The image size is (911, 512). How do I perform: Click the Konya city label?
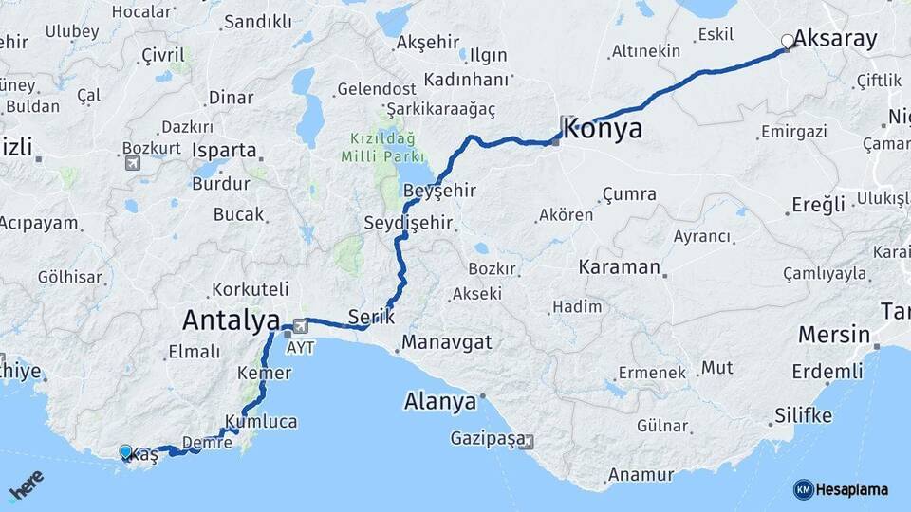tap(603, 129)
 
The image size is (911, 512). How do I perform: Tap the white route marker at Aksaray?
tap(787, 41)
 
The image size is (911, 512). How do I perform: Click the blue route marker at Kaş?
tap(126, 452)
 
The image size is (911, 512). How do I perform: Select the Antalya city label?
tap(231, 320)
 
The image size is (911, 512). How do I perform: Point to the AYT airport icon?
tap(302, 324)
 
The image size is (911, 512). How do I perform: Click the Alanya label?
tap(439, 401)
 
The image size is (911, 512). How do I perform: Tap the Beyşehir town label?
tap(439, 191)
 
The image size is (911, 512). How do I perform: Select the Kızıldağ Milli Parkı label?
tap(384, 146)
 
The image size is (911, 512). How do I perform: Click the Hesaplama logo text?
tap(852, 489)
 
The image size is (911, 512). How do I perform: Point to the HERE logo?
tap(27, 485)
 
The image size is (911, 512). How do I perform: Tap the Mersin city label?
tap(833, 335)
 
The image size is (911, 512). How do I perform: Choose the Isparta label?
tap(224, 150)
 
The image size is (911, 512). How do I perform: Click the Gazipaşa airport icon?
tap(528, 441)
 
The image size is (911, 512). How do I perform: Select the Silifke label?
tap(803, 415)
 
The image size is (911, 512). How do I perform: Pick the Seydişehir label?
tap(408, 224)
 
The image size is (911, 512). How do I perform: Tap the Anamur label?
tap(641, 474)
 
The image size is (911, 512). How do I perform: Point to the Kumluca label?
tap(261, 421)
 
